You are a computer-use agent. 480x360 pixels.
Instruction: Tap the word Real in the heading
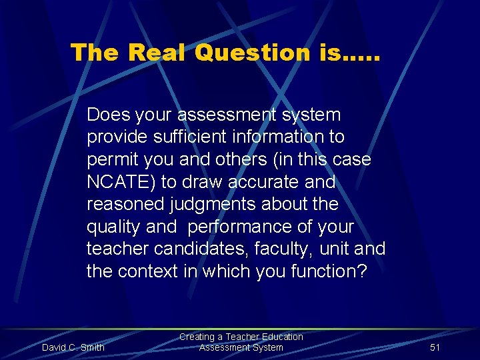[x=157, y=53]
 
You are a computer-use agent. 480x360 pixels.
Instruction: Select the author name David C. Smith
[x=73, y=347]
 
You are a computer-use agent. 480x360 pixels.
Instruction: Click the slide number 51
[x=435, y=347]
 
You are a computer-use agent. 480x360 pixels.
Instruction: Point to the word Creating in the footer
[x=197, y=337]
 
